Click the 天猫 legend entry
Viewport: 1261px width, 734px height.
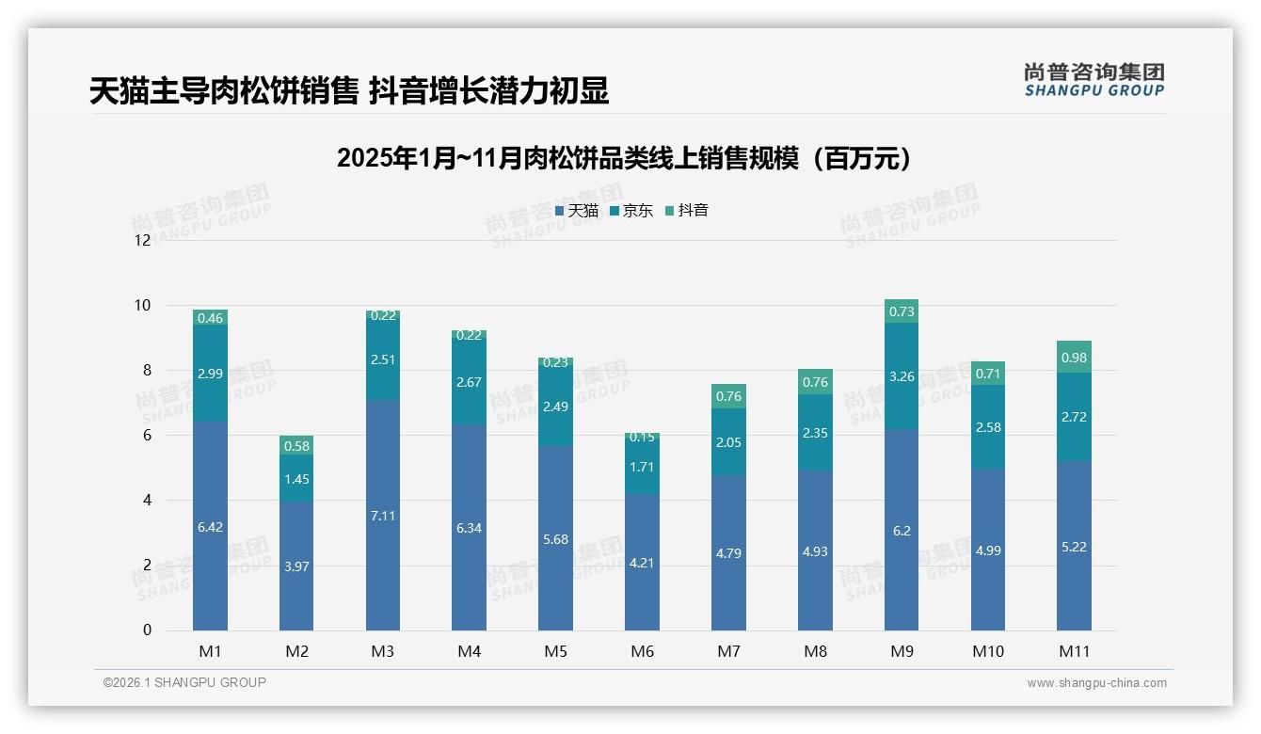(577, 211)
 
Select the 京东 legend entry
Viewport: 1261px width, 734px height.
(631, 211)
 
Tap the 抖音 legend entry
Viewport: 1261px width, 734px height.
(687, 211)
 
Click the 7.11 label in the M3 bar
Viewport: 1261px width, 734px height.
(383, 516)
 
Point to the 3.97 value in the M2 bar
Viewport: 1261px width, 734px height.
(296, 566)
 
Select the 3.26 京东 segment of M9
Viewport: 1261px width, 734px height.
(902, 376)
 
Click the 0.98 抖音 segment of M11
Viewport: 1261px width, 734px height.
(1074, 358)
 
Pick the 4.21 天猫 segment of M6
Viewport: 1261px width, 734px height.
(642, 564)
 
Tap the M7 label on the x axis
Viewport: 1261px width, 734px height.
(728, 651)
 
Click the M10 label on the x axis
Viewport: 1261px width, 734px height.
(987, 651)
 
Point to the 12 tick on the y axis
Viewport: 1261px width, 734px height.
(142, 240)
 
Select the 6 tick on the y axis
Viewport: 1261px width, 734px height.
(146, 436)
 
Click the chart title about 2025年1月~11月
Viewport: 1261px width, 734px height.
(625, 158)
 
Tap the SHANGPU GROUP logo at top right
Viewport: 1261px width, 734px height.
(1093, 79)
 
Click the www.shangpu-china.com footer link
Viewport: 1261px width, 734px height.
(1096, 683)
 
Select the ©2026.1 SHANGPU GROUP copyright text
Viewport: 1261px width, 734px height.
(184, 682)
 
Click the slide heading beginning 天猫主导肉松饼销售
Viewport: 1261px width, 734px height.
(349, 90)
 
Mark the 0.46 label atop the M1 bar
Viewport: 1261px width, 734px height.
(210, 318)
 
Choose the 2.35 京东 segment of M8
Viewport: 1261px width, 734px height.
(815, 433)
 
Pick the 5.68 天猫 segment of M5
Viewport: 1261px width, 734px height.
(555, 539)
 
